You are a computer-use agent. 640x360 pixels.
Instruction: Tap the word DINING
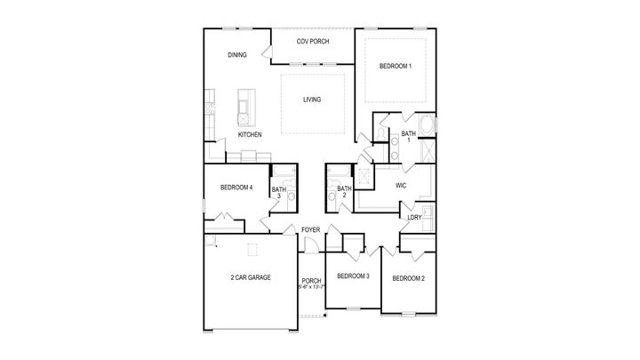236,55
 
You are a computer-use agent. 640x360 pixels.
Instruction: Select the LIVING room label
311,100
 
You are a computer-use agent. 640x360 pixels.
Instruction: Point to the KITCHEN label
249,134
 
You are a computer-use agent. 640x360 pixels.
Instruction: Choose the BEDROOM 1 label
396,67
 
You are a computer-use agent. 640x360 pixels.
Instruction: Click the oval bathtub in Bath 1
426,125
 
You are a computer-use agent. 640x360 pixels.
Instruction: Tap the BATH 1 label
408,137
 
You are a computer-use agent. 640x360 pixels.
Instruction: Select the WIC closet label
402,185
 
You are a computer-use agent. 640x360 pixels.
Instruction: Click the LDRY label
414,218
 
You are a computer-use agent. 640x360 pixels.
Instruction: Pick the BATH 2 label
344,190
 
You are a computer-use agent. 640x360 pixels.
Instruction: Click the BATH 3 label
278,192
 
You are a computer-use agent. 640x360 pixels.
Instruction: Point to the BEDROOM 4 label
237,188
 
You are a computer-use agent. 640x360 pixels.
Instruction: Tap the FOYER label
310,230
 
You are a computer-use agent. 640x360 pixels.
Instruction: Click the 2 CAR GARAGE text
250,277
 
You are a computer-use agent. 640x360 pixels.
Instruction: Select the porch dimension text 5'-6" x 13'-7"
311,286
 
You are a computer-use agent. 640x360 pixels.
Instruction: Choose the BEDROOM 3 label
353,276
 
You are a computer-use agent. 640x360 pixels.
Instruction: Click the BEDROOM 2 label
408,278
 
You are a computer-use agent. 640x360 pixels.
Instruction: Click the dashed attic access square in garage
252,248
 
